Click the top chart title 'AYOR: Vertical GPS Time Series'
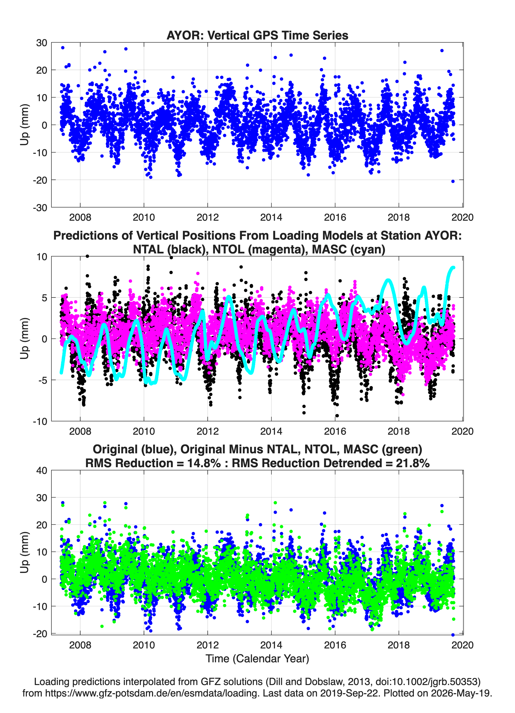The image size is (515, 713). [x=257, y=35]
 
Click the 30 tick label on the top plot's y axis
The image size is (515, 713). [x=42, y=43]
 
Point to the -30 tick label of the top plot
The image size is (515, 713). [x=40, y=208]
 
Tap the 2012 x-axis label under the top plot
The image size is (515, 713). [x=208, y=217]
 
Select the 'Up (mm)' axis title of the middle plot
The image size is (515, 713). [x=25, y=339]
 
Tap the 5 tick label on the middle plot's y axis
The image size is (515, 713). [x=44, y=298]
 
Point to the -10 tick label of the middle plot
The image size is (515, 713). [x=40, y=421]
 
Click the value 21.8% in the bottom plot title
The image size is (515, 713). [x=413, y=463]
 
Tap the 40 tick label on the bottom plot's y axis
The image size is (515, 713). [x=42, y=471]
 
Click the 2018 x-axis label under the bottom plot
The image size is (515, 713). [x=399, y=645]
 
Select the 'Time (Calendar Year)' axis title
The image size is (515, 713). [x=257, y=659]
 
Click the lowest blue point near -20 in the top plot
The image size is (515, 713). [x=453, y=181]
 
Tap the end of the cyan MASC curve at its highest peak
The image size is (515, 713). [x=453, y=268]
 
